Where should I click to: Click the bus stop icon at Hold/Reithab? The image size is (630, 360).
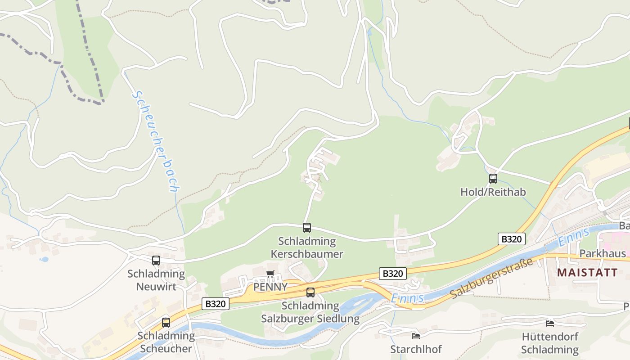[493, 179]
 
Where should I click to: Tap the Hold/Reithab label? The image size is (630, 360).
[493, 192]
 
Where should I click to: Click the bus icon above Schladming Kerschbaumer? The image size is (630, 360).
[307, 228]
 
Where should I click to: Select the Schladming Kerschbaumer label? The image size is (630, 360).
[307, 247]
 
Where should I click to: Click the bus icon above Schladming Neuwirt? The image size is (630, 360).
[156, 261]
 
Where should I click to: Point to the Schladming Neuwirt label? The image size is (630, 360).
[156, 280]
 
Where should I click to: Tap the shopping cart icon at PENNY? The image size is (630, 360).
[270, 274]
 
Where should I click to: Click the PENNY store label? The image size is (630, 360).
[270, 287]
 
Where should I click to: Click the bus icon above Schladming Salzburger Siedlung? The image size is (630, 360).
[310, 292]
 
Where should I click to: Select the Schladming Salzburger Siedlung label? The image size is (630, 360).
[310, 312]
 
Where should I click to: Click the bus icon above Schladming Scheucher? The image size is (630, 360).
[166, 322]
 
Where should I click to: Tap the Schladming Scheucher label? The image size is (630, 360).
[166, 342]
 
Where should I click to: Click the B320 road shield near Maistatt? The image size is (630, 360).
[512, 239]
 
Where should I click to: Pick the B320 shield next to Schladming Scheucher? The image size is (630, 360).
[215, 304]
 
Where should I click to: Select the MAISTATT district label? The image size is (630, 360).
[587, 272]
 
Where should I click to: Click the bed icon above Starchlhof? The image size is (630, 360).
[416, 336]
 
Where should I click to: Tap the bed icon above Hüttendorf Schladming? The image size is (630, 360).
[550, 323]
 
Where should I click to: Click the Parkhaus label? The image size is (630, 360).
[602, 253]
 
